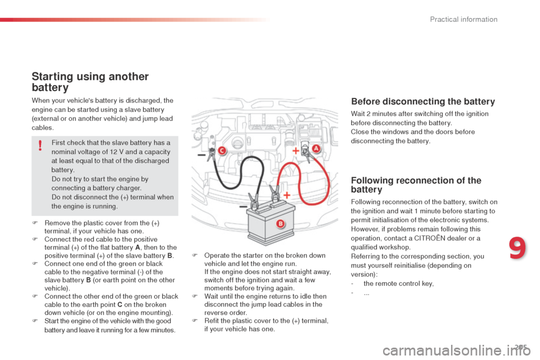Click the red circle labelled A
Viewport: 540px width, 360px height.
(x=316, y=148)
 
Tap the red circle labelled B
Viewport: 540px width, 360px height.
(x=281, y=223)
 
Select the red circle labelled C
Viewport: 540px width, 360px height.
(x=222, y=151)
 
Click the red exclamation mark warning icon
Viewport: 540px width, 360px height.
(x=40, y=145)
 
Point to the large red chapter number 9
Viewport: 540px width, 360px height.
(x=517, y=248)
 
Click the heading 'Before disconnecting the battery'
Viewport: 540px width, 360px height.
(x=423, y=102)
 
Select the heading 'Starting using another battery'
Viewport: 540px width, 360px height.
(x=90, y=82)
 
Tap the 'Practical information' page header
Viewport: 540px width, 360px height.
(x=463, y=19)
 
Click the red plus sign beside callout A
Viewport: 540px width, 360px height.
(x=296, y=151)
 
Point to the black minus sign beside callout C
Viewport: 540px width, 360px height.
(x=201, y=155)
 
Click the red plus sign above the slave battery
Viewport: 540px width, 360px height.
(x=286, y=195)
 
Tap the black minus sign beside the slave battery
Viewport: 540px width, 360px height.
(x=243, y=206)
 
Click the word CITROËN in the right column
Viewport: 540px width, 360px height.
(x=430, y=238)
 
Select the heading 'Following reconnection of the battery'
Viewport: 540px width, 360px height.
(x=416, y=185)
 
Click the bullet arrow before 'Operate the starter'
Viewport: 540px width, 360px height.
(x=195, y=255)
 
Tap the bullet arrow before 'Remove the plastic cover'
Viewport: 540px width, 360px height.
(x=35, y=223)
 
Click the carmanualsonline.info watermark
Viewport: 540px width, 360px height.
(x=456, y=351)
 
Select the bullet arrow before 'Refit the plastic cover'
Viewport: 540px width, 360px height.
(x=195, y=321)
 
